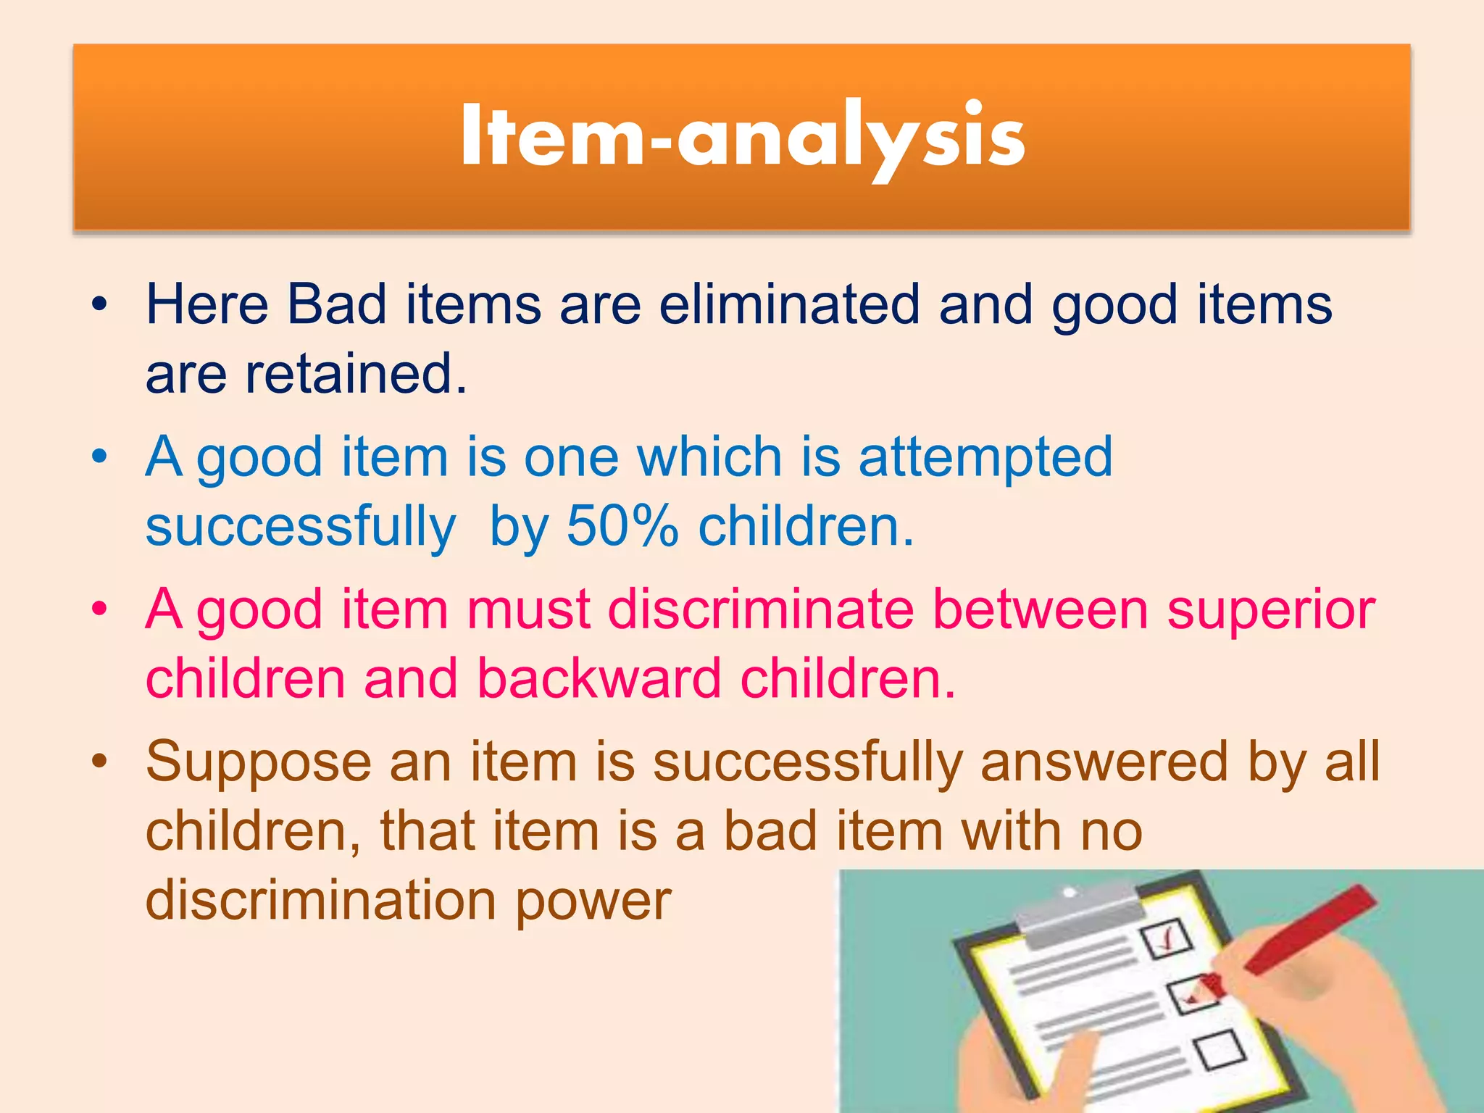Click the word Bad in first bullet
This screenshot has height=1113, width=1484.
(337, 304)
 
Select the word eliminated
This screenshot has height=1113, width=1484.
(788, 304)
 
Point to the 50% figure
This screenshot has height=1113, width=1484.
(622, 526)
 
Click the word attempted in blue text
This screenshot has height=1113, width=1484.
(985, 458)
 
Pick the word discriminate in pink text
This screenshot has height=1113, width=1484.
(761, 610)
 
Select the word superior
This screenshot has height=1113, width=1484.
(1271, 610)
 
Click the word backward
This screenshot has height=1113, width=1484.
(599, 679)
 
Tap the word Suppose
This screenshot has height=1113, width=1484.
(258, 763)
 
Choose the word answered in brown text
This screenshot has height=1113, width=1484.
(1104, 763)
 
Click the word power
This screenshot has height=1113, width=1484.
(593, 901)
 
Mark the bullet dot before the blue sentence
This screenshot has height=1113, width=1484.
(99, 457)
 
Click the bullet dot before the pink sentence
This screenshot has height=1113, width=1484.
(99, 609)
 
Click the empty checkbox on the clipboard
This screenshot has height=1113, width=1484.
(1220, 1051)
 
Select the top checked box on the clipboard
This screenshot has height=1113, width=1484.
(1165, 939)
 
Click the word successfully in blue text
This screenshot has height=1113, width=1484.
(301, 528)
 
